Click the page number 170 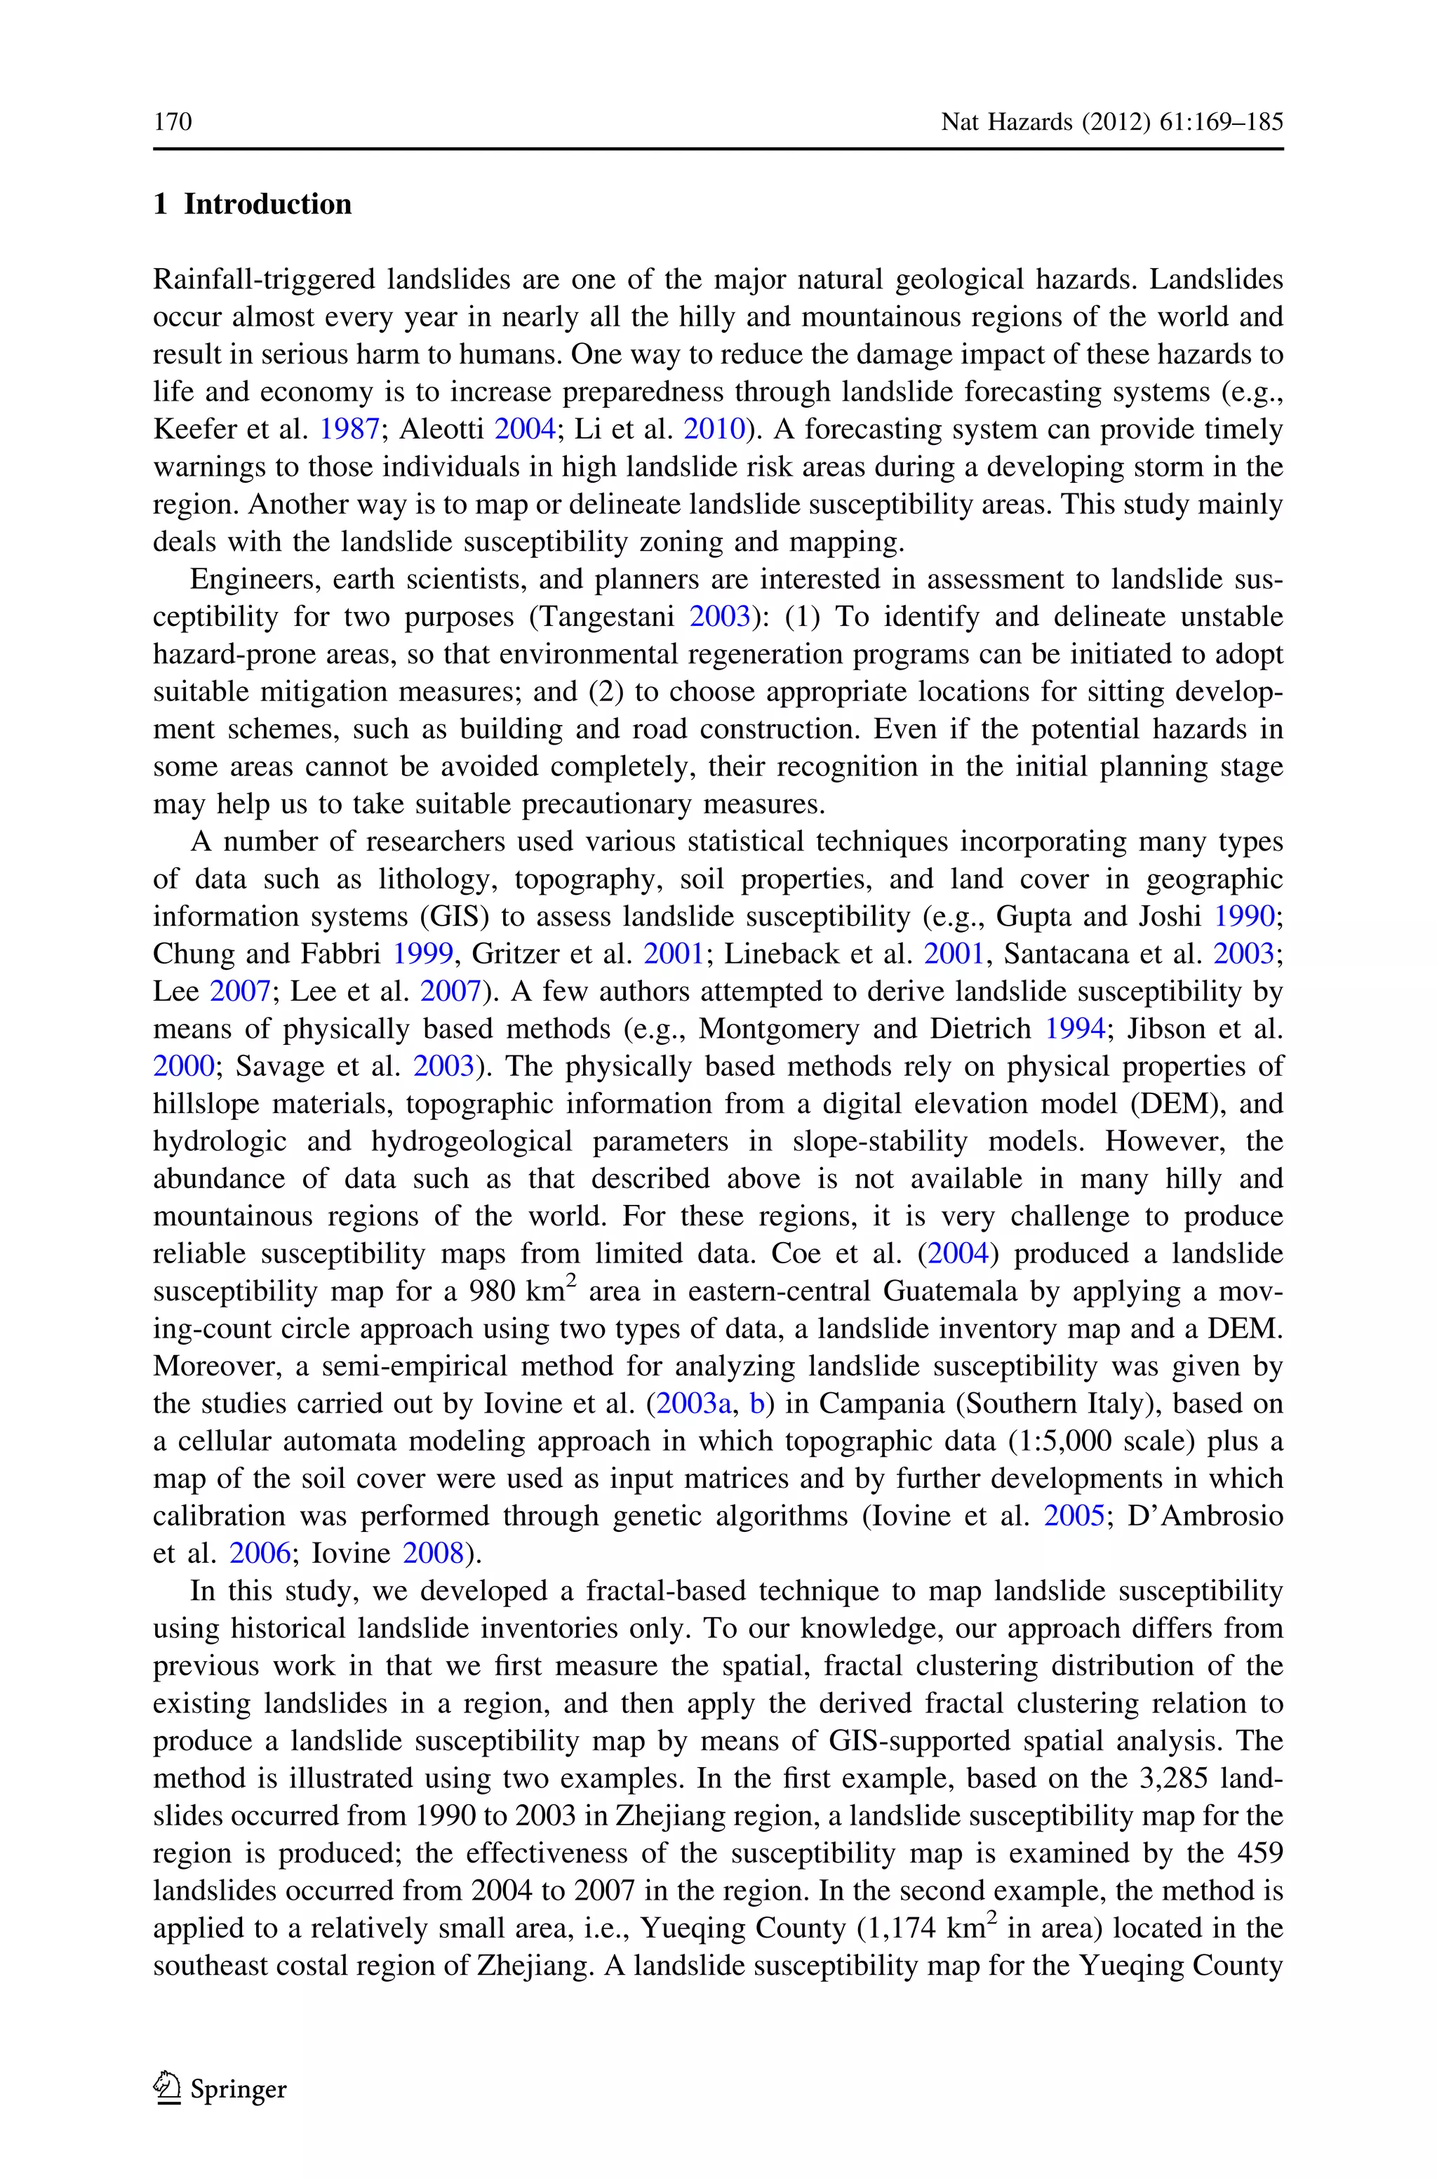click(173, 122)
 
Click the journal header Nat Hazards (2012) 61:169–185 click(1111, 122)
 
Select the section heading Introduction click(267, 204)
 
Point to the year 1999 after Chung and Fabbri click(422, 954)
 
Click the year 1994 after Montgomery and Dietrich click(1075, 1029)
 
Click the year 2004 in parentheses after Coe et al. click(958, 1253)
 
